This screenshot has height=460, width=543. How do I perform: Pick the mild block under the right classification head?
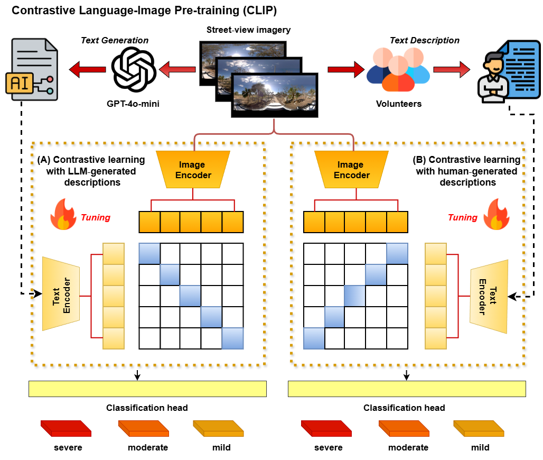point(480,428)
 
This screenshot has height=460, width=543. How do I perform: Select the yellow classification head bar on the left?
point(147,389)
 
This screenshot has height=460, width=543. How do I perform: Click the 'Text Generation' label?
point(114,40)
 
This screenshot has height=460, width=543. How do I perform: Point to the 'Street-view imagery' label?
point(248,30)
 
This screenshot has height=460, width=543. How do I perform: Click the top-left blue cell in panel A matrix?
point(149,254)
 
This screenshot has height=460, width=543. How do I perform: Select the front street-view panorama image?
point(275,95)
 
